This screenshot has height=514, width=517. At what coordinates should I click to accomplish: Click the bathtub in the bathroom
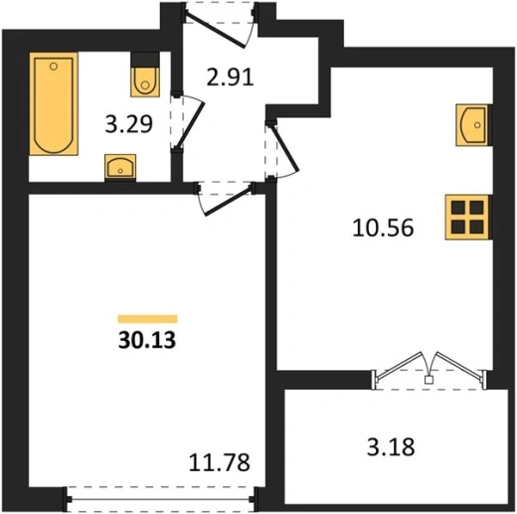(54, 103)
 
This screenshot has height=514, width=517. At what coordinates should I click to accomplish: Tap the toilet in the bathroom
(145, 82)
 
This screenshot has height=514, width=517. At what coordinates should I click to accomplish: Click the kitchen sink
(472, 125)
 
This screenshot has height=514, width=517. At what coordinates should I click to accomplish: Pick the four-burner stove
(467, 217)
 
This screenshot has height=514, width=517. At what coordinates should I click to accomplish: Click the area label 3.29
(129, 124)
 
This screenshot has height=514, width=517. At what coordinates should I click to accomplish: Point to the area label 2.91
(230, 78)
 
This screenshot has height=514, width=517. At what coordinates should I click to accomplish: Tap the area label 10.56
(383, 228)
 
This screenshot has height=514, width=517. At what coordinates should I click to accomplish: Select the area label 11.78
(220, 462)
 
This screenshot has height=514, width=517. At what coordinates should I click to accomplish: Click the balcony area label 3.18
(391, 447)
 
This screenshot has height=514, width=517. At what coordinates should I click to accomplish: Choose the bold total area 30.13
(147, 340)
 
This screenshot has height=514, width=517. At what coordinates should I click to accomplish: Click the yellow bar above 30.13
(147, 319)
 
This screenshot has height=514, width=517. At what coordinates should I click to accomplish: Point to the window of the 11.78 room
(161, 499)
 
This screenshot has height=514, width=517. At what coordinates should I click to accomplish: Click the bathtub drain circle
(54, 67)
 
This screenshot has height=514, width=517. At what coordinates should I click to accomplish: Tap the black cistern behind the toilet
(145, 60)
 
